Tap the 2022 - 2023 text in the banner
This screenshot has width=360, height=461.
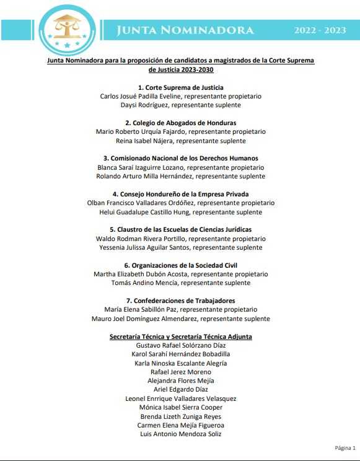[x=320, y=30]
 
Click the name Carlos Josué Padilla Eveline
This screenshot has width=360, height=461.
[x=141, y=97]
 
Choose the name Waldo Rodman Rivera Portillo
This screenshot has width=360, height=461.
[x=141, y=239]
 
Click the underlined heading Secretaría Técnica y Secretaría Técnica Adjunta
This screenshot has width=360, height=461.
[x=181, y=336]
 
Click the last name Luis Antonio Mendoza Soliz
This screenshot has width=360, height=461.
[x=181, y=434]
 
